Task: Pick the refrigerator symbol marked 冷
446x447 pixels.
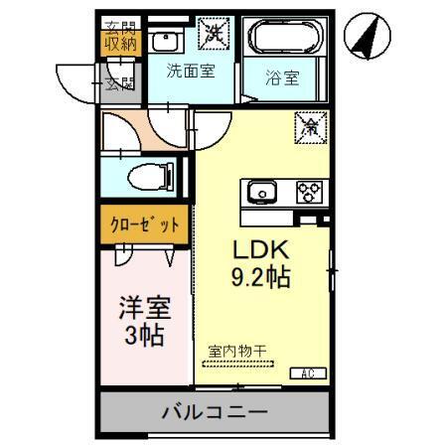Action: point(311,126)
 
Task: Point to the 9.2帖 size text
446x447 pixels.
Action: point(260,279)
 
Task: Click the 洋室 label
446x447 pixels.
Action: point(142,301)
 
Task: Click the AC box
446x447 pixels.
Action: point(309,373)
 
